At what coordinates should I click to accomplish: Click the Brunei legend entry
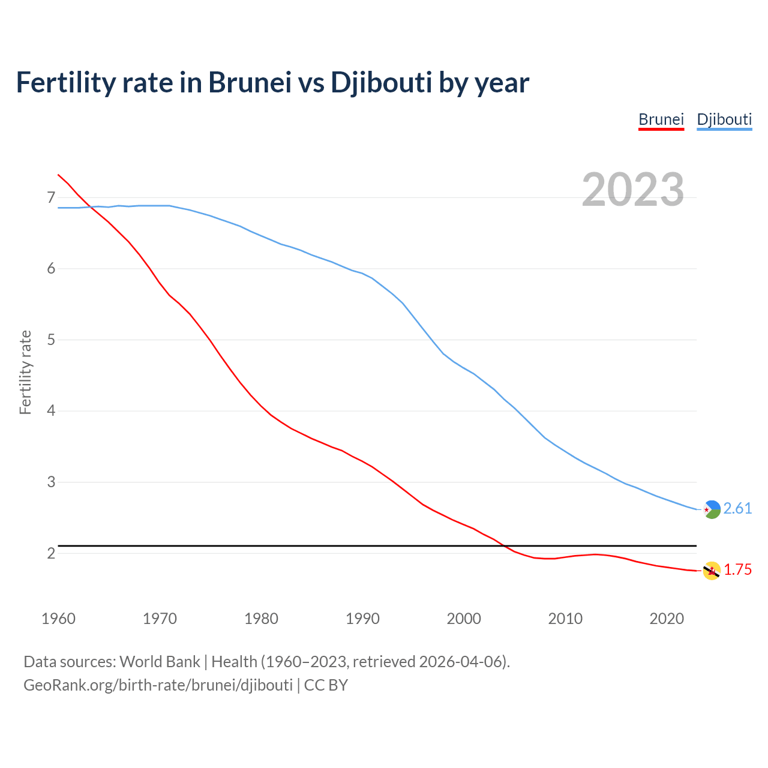pyautogui.click(x=661, y=119)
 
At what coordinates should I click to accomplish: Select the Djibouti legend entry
pyautogui.click(x=724, y=119)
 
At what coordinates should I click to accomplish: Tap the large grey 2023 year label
pyautogui.click(x=633, y=190)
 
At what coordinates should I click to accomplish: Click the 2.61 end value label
pyautogui.click(x=737, y=508)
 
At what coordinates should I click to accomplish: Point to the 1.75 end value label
pyautogui.click(x=737, y=569)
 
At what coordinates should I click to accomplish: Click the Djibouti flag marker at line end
pyautogui.click(x=712, y=509)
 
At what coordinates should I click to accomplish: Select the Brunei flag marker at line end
pyautogui.click(x=712, y=571)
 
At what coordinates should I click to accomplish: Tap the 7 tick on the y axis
pyautogui.click(x=50, y=197)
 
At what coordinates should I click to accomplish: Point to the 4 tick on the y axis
pyautogui.click(x=50, y=411)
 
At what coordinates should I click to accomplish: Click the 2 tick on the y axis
pyautogui.click(x=50, y=553)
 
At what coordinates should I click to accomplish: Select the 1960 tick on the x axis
pyautogui.click(x=58, y=619)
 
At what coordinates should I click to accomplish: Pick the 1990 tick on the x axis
pyautogui.click(x=362, y=619)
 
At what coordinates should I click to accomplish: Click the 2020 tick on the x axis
pyautogui.click(x=667, y=619)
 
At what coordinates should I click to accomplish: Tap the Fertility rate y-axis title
pyautogui.click(x=25, y=372)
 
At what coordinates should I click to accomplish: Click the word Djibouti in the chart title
pyautogui.click(x=381, y=82)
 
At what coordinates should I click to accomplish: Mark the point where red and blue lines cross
pyautogui.click(x=92, y=207)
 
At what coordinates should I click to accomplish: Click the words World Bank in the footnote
pyautogui.click(x=160, y=662)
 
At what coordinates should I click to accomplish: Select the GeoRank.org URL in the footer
pyautogui.click(x=158, y=685)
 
